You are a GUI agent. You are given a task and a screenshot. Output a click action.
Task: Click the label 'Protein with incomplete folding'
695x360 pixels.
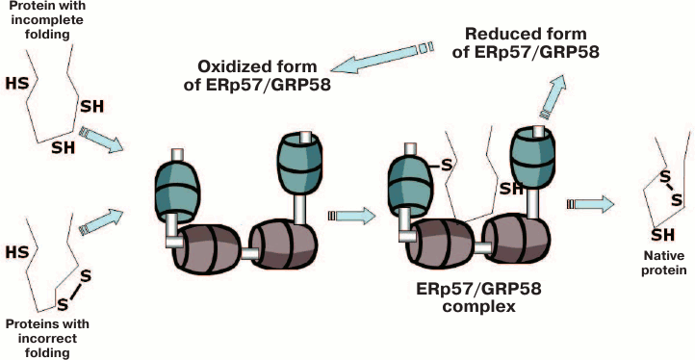coord(40,21)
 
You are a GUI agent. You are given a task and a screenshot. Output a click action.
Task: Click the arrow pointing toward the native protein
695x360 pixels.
coord(597,204)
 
